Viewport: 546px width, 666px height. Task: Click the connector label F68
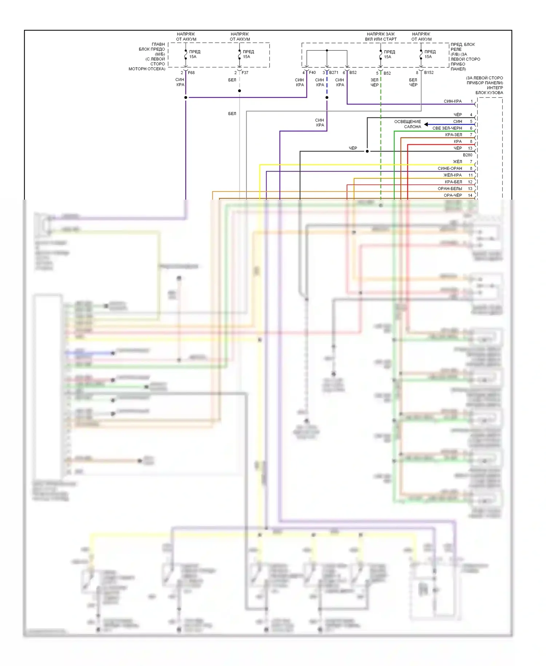[x=191, y=73]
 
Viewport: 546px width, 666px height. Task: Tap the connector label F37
[x=245, y=73]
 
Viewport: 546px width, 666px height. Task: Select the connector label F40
[x=312, y=73]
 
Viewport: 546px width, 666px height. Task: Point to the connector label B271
[x=334, y=73]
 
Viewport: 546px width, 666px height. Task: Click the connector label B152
[x=429, y=73]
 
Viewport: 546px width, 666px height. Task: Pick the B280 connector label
[x=467, y=155]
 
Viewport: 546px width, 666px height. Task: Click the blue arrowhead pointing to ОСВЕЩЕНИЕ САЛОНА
[x=426, y=124]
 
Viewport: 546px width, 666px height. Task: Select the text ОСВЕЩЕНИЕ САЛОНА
[x=408, y=124]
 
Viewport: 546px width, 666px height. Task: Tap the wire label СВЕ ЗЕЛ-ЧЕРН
[x=447, y=128]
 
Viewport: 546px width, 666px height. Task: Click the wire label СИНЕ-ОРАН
[x=450, y=168]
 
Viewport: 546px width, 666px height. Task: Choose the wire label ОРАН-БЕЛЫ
[x=450, y=189]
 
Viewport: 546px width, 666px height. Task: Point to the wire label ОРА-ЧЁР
[x=453, y=195]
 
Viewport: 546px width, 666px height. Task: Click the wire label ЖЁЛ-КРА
[x=452, y=175]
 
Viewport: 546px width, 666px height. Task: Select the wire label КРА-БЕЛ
[x=453, y=182]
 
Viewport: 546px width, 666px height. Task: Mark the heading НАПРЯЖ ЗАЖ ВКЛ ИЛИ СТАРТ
[x=381, y=36]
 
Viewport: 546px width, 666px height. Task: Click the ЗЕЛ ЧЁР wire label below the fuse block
[x=375, y=82]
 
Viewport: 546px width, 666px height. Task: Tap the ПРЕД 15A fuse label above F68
[x=194, y=54]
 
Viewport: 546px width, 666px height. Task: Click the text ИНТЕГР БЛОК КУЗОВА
[x=490, y=90]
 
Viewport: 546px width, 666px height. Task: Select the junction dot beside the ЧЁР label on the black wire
[x=367, y=151]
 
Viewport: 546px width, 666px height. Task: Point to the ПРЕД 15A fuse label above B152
[x=430, y=54]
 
